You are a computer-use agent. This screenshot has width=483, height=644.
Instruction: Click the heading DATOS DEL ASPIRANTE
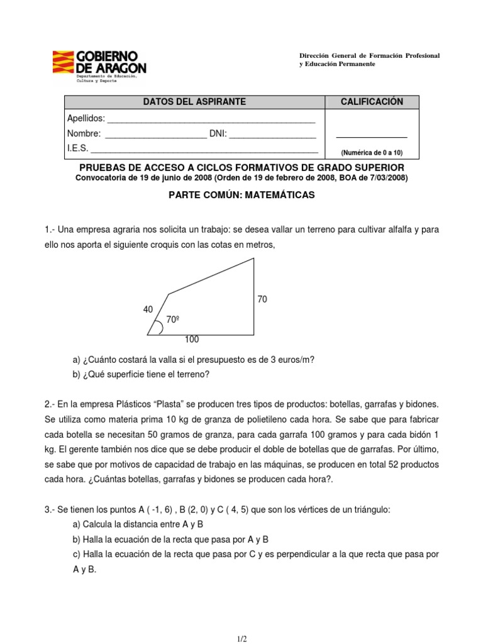194,102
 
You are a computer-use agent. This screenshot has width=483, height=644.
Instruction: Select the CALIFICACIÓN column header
371,102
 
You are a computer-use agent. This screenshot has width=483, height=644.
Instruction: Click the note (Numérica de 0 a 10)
371,153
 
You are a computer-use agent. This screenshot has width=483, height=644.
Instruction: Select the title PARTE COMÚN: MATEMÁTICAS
241,196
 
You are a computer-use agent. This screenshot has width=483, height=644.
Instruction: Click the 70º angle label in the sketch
173,320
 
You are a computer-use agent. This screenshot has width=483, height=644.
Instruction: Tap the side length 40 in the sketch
148,309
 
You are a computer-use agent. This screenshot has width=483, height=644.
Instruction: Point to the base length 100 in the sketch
192,340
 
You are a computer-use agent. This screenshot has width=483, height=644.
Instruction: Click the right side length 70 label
262,299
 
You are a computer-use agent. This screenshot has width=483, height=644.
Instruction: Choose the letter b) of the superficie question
77,375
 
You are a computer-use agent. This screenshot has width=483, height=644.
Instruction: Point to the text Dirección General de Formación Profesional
369,56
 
